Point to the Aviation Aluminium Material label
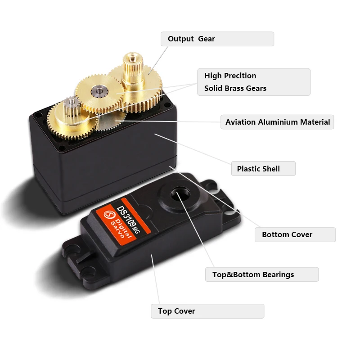coord(277,122)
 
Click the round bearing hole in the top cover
coord(180,195)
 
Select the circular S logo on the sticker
coord(108,215)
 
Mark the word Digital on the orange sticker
coord(123,228)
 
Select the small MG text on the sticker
coord(137,230)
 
